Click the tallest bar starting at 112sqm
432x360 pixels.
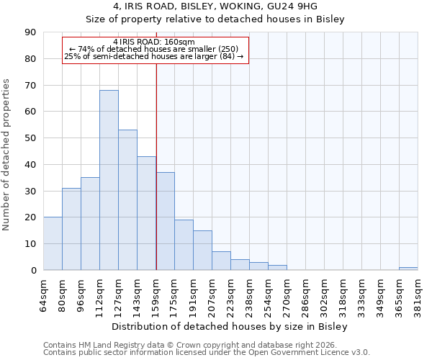(x=109, y=180)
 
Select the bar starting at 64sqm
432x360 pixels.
(x=53, y=243)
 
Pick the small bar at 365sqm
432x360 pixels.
(x=408, y=269)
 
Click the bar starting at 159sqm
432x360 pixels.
(x=165, y=221)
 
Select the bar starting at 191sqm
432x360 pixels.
(x=202, y=250)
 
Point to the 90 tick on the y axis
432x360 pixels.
(x=32, y=32)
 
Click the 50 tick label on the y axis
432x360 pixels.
(x=32, y=138)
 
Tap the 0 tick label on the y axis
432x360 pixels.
(x=34, y=271)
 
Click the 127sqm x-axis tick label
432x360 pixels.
(x=119, y=293)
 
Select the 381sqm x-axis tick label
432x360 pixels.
(x=418, y=293)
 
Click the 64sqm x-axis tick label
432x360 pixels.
(x=44, y=293)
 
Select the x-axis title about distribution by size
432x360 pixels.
(x=230, y=327)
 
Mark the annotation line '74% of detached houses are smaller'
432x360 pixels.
(x=153, y=49)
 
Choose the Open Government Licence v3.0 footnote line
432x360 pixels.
(x=207, y=353)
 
